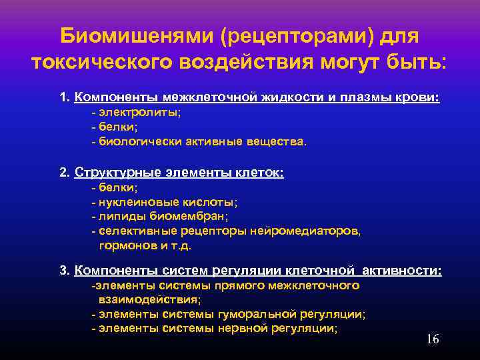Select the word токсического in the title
tap(107, 63)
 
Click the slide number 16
tap(432, 339)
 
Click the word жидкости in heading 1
tap(293, 97)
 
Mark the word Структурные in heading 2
tap(117, 172)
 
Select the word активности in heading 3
tap(407, 271)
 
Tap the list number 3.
tap(63, 271)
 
